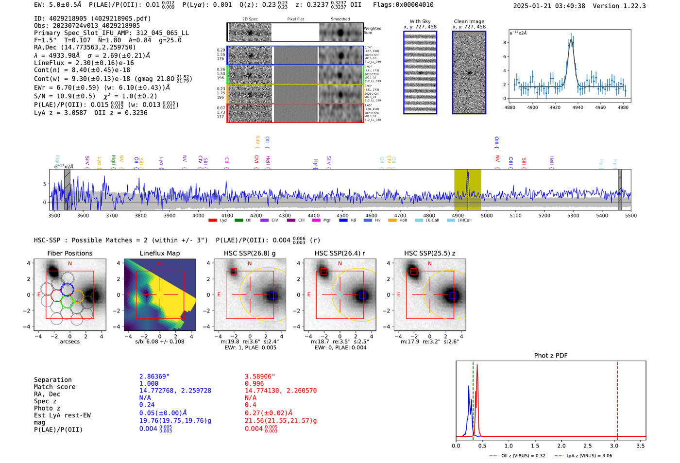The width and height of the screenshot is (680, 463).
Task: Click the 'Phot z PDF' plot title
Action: click(551, 355)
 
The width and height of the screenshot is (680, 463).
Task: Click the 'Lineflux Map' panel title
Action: click(160, 253)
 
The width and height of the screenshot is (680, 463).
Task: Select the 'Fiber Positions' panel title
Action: click(69, 253)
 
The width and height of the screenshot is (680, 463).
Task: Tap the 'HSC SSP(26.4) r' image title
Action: click(340, 253)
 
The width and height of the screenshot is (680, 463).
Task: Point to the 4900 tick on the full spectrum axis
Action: click(458, 215)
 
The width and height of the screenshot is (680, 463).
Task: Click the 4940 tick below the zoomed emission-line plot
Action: click(578, 107)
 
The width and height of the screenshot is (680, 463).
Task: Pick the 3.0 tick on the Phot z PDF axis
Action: click(614, 446)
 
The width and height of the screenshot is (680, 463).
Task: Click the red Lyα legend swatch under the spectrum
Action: click(213, 221)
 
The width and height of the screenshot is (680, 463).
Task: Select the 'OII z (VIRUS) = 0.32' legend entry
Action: click(517, 456)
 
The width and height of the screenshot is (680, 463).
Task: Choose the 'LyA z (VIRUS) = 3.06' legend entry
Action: click(584, 456)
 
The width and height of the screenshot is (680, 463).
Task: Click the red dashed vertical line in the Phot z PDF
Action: click(617, 398)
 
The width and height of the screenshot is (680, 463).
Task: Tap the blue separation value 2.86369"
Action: click(154, 377)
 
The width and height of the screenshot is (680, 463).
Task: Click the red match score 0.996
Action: click(255, 383)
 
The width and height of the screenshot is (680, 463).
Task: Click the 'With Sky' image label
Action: click(420, 21)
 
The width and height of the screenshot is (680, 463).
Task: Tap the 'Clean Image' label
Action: click(469, 21)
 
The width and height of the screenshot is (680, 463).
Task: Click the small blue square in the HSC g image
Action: click(272, 295)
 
